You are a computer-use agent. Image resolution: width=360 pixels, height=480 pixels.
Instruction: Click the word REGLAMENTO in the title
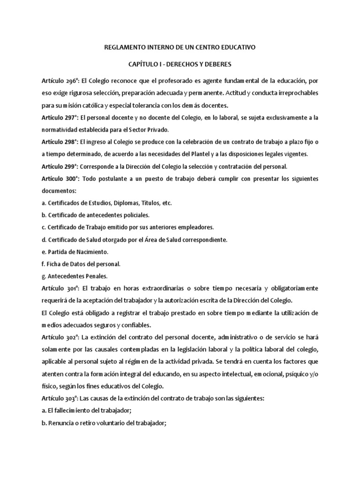click(121, 47)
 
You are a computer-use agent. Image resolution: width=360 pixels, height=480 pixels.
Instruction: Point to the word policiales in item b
click(135, 215)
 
